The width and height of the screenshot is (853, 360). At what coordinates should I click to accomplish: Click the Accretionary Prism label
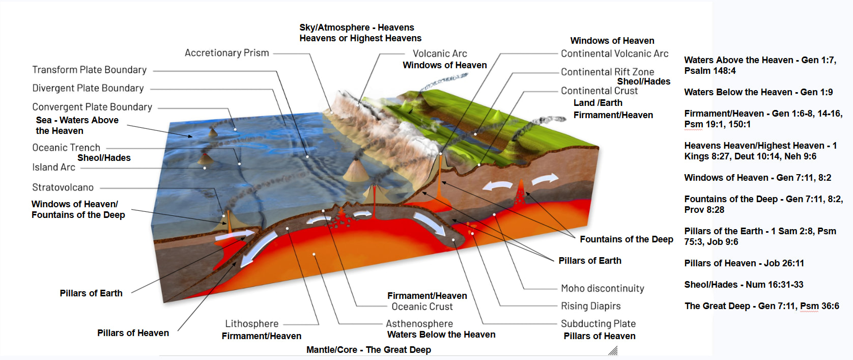(x=227, y=52)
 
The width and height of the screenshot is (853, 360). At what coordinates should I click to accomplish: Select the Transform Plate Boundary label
(x=90, y=70)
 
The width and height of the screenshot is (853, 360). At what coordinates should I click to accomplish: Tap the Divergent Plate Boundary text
(x=88, y=88)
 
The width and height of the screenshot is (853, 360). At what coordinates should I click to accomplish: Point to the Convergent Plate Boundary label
(x=92, y=106)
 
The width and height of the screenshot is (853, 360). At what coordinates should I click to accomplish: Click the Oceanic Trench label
(x=66, y=148)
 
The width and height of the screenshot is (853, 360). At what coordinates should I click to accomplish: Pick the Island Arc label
(x=53, y=167)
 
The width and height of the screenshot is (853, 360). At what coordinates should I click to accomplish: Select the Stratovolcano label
(x=63, y=187)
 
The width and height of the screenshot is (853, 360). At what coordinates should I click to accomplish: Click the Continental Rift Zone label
(x=607, y=72)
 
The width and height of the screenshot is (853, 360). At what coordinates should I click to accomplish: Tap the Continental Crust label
(x=599, y=91)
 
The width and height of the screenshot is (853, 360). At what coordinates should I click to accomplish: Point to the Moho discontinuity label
(x=603, y=288)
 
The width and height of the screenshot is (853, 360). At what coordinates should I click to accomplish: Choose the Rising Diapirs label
(x=590, y=306)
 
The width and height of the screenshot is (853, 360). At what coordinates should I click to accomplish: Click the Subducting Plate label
(x=598, y=323)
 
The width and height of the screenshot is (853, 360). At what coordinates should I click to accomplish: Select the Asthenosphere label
(x=419, y=323)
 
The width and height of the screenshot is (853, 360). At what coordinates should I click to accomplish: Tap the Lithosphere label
(x=252, y=323)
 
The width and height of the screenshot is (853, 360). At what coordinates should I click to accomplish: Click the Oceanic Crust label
(x=422, y=307)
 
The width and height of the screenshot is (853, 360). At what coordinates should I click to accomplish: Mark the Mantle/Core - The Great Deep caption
(x=368, y=350)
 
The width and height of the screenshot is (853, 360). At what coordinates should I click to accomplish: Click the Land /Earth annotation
(x=598, y=103)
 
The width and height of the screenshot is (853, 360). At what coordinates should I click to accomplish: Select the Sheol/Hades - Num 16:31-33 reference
(x=744, y=285)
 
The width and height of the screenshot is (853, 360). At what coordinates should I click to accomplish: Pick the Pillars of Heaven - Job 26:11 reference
(x=744, y=263)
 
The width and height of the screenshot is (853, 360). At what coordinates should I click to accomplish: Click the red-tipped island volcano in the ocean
(x=205, y=159)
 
